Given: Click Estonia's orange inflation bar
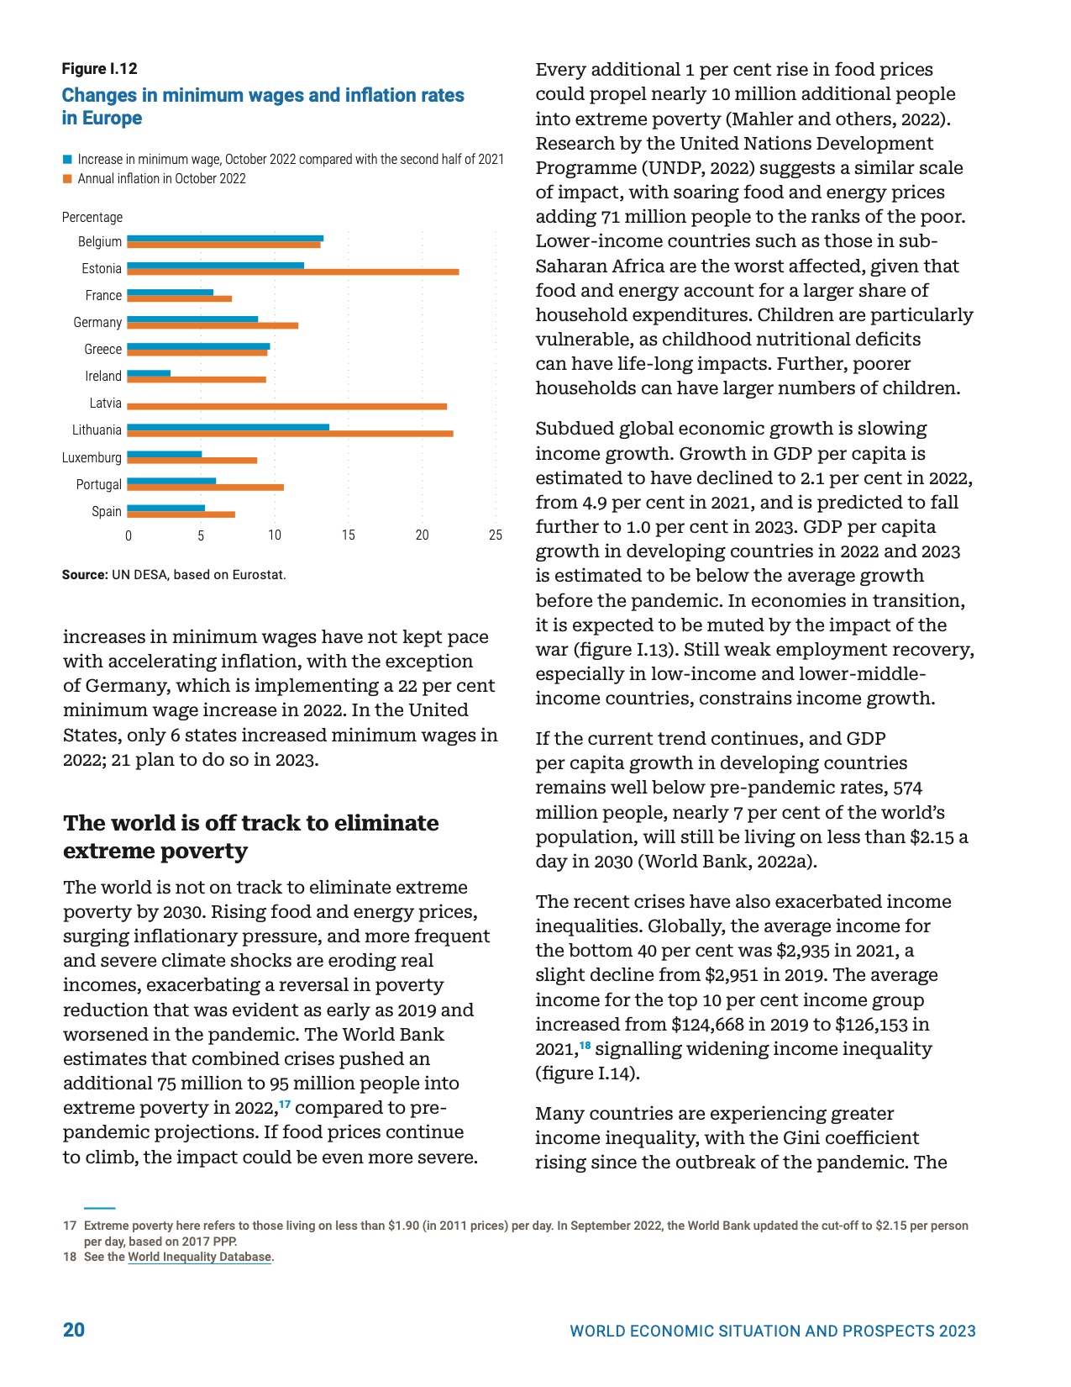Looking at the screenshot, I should pyautogui.click(x=292, y=272).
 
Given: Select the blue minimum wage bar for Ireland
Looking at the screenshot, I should pyautogui.click(x=149, y=373).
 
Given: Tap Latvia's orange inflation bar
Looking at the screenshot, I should pyautogui.click(x=286, y=406).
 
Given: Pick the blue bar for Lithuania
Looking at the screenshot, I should pyautogui.click(x=228, y=427).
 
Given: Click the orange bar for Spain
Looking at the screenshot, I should pyautogui.click(x=181, y=514).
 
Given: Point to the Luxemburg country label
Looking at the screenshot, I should pyautogui.click(x=92, y=457).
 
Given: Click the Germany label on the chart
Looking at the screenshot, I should pyautogui.click(x=97, y=322).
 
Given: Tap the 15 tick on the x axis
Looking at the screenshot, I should pyautogui.click(x=348, y=535).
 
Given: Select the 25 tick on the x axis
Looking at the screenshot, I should pyautogui.click(x=496, y=535).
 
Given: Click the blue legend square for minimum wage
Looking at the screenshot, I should pyautogui.click(x=67, y=159).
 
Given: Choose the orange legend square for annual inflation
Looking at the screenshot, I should pyautogui.click(x=67, y=178).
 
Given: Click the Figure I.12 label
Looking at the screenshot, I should pyautogui.click(x=99, y=69).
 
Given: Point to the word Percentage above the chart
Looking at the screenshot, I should pyautogui.click(x=92, y=217).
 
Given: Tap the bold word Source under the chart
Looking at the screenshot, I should pyautogui.click(x=84, y=575).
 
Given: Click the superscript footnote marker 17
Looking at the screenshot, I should pyautogui.click(x=285, y=1104).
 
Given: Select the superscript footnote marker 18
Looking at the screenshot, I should pyautogui.click(x=585, y=1045).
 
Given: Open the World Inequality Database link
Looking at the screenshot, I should pyautogui.click(x=200, y=1257).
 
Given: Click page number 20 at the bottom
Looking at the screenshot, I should pyautogui.click(x=74, y=1329).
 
